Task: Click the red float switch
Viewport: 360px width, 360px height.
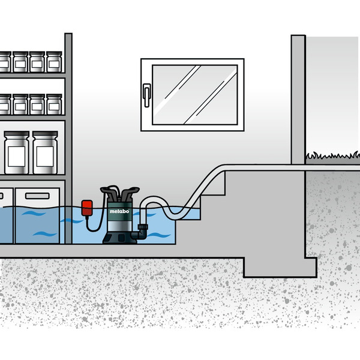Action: coord(87,208)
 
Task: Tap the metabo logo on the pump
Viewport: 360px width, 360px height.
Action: coord(119,211)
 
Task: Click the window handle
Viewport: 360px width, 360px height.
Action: coord(147,95)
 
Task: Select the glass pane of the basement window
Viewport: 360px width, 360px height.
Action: coord(194,95)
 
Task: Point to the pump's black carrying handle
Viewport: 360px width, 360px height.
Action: coord(119,193)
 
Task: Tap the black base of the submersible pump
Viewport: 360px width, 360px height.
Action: coord(119,237)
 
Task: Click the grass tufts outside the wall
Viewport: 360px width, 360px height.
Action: coord(332,155)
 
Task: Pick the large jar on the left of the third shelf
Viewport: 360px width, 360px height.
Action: coord(17,152)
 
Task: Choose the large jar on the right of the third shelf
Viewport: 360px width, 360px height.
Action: coord(45,152)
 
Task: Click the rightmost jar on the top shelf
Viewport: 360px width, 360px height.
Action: coord(54,62)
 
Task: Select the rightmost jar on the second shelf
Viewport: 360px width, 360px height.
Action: coord(54,104)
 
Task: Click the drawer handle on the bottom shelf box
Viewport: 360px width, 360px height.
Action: coord(37,196)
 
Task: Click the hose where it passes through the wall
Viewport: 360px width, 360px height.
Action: coord(298,167)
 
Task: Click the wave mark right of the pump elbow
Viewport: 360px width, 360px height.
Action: coord(158,235)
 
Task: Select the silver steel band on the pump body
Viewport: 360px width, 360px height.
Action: coord(119,226)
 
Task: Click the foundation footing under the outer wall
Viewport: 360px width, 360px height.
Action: coord(280,267)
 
